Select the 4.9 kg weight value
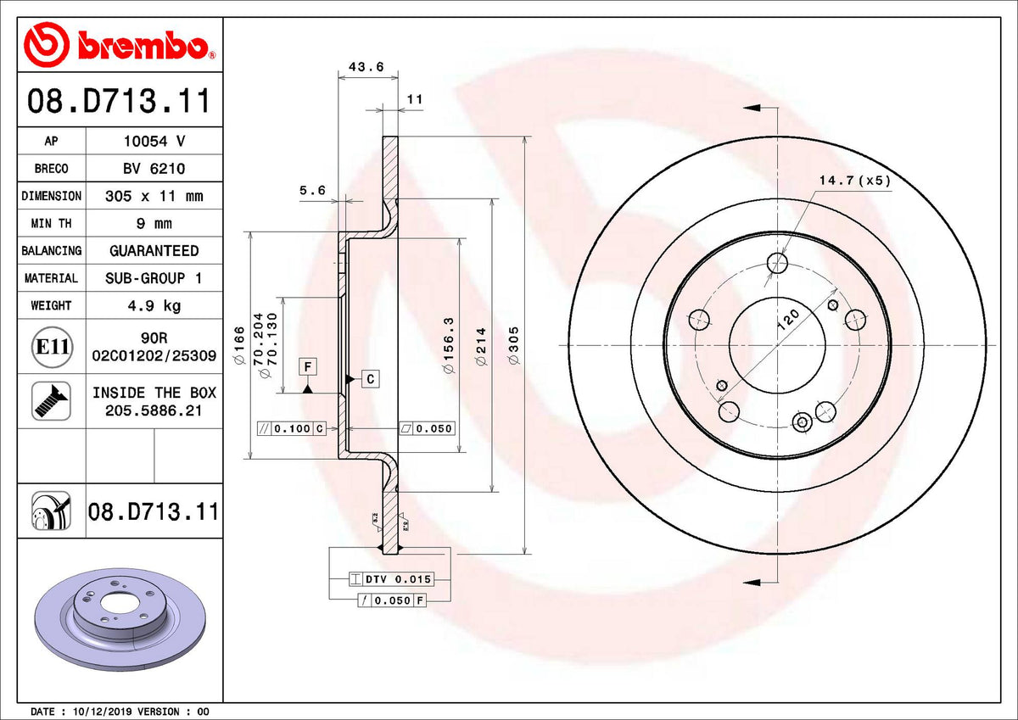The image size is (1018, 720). (154, 305)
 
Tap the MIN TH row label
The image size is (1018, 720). (51, 224)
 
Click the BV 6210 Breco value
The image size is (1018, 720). (154, 169)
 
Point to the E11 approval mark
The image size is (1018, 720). (51, 347)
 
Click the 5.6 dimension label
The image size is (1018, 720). (312, 191)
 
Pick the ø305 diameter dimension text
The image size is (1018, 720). (513, 346)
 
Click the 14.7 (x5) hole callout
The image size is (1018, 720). (854, 181)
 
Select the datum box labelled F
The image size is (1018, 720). (307, 366)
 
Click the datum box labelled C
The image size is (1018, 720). (371, 379)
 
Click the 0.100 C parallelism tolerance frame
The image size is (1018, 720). (291, 428)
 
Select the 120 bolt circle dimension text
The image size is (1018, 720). (787, 320)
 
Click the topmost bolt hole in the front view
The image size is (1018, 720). (777, 263)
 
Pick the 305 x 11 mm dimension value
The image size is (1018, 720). (154, 196)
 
